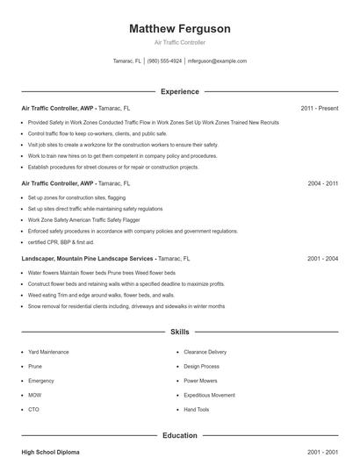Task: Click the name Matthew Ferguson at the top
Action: (179, 29)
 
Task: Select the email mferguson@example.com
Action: (218, 61)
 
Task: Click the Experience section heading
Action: (179, 91)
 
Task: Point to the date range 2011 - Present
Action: (319, 108)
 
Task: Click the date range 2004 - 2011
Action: (322, 183)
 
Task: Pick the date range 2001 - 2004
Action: (322, 259)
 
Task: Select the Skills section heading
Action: (179, 333)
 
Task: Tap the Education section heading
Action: (179, 435)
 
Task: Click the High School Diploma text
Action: (50, 452)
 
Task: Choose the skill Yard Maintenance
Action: (48, 352)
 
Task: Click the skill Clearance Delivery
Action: (205, 352)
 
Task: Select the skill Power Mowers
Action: (201, 381)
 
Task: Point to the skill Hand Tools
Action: (197, 409)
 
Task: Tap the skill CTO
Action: (33, 409)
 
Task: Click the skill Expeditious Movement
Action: (209, 395)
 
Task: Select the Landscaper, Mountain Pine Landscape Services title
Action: (88, 259)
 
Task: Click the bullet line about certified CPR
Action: (61, 241)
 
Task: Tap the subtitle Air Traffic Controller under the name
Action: (179, 42)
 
